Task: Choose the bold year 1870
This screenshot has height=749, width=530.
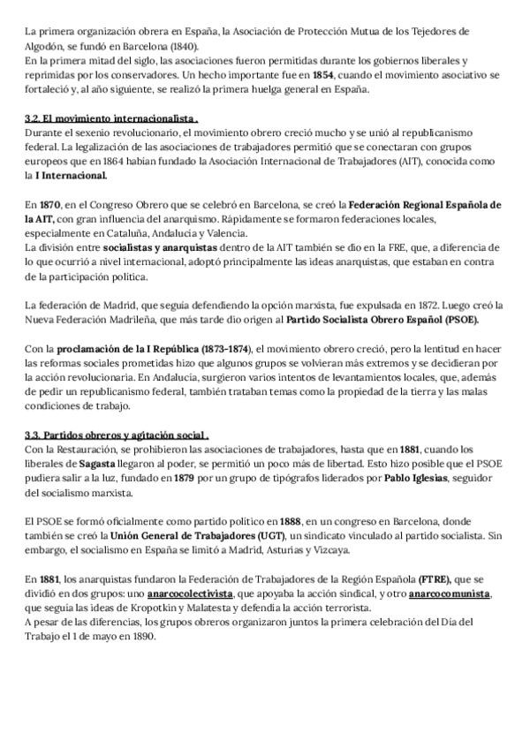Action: (49, 205)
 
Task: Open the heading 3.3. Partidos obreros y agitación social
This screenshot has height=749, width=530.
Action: (117, 435)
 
